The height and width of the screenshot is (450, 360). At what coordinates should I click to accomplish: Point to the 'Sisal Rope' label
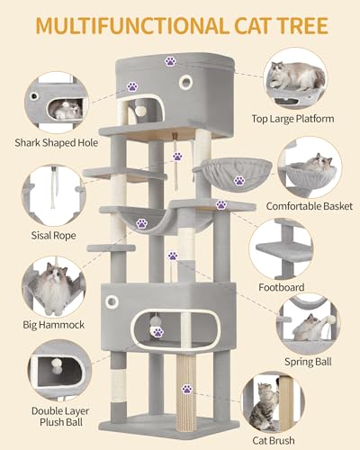pyautogui.click(x=52, y=235)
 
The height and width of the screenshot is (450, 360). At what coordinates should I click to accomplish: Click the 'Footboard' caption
pyautogui.click(x=305, y=287)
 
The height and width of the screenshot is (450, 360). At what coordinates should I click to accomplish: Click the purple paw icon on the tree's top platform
pyautogui.click(x=170, y=61)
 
